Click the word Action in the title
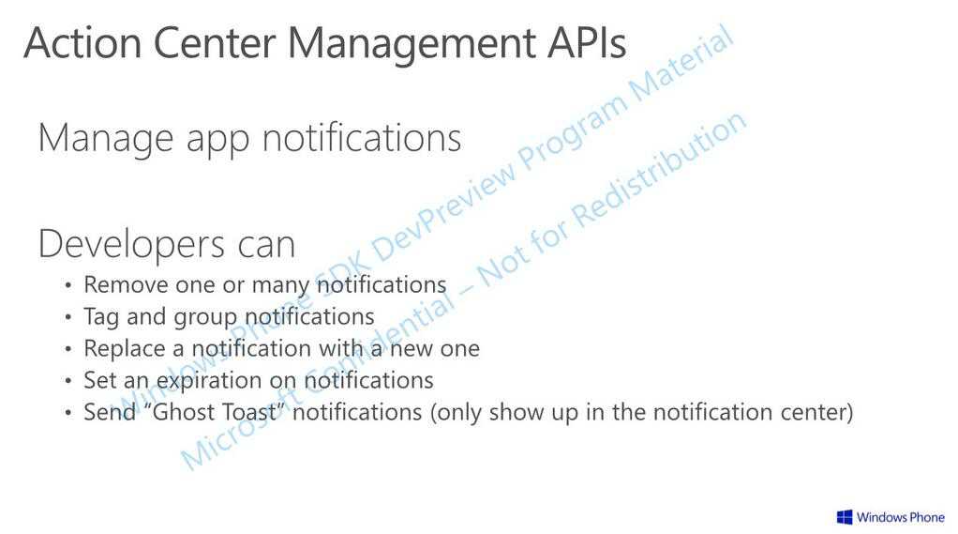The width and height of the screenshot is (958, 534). [83, 43]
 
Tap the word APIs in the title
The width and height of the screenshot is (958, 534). [587, 43]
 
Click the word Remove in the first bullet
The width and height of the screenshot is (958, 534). [126, 285]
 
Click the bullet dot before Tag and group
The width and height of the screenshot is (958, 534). [68, 317]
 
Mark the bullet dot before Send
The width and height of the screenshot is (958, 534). [68, 413]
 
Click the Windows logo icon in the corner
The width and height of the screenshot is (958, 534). [845, 517]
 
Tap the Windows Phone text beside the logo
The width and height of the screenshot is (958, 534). [901, 517]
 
